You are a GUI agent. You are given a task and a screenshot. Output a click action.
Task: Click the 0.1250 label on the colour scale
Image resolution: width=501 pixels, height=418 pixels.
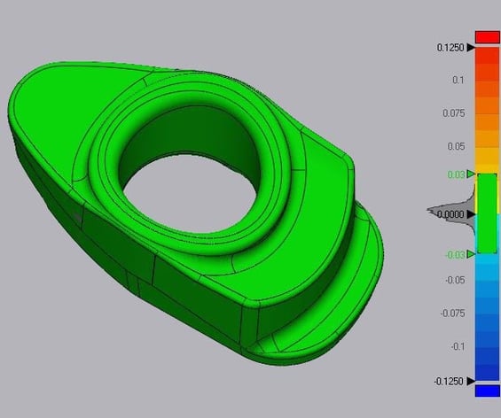(450, 47)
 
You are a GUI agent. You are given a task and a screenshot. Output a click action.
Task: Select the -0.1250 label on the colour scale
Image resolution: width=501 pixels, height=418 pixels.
(449, 381)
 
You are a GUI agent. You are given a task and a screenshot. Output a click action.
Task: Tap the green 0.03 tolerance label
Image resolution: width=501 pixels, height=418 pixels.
(456, 174)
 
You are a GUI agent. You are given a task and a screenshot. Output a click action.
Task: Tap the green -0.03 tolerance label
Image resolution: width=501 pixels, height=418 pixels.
(454, 255)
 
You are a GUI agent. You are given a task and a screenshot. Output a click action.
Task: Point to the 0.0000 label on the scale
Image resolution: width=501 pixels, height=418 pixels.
(451, 214)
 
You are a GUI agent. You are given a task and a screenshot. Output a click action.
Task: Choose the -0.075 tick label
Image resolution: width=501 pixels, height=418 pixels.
(452, 313)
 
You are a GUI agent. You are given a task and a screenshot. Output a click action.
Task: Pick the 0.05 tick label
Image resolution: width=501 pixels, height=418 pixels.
(456, 145)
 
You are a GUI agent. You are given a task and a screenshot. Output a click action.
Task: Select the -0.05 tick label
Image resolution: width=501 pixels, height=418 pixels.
(454, 280)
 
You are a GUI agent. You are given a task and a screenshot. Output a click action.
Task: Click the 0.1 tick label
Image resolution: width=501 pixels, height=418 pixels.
(458, 80)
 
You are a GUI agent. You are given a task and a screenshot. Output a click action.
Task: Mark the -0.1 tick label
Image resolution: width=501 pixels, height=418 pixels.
(457, 346)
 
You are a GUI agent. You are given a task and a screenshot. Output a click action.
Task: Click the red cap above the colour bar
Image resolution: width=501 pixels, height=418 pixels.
(488, 36)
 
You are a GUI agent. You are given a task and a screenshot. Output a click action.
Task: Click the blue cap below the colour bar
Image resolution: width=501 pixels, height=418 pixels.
(488, 391)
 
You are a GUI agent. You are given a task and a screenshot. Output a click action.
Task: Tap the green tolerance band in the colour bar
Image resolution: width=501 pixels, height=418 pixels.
(488, 214)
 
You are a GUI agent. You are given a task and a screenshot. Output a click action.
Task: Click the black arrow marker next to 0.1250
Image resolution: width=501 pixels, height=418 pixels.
(470, 47)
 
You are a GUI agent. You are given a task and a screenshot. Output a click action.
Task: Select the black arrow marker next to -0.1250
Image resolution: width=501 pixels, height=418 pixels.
(470, 381)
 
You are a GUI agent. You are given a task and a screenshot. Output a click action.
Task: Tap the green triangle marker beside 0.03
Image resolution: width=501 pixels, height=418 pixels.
(471, 174)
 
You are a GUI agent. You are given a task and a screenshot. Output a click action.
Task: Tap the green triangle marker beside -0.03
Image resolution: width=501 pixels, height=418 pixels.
(471, 255)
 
